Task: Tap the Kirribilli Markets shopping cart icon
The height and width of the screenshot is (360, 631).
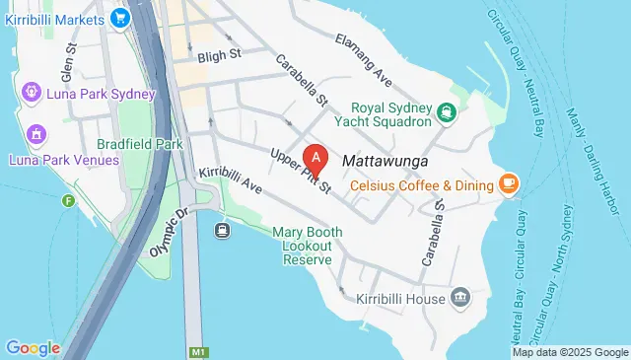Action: click(x=120, y=17)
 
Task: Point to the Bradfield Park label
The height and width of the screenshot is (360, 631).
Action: click(x=141, y=143)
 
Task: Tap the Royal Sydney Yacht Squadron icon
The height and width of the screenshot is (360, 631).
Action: click(x=448, y=111)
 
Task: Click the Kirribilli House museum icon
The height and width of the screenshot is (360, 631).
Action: click(x=460, y=297)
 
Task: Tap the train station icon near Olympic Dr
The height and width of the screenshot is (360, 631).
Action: click(x=222, y=230)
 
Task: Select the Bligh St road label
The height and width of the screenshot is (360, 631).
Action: click(x=220, y=56)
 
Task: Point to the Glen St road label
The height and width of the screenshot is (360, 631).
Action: click(x=68, y=65)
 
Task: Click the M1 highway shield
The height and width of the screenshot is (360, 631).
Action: click(x=197, y=351)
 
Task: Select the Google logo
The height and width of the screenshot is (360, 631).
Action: click(x=33, y=347)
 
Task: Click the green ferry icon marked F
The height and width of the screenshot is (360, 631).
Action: click(x=68, y=201)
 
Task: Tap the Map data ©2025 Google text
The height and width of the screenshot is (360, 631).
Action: click(x=570, y=352)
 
